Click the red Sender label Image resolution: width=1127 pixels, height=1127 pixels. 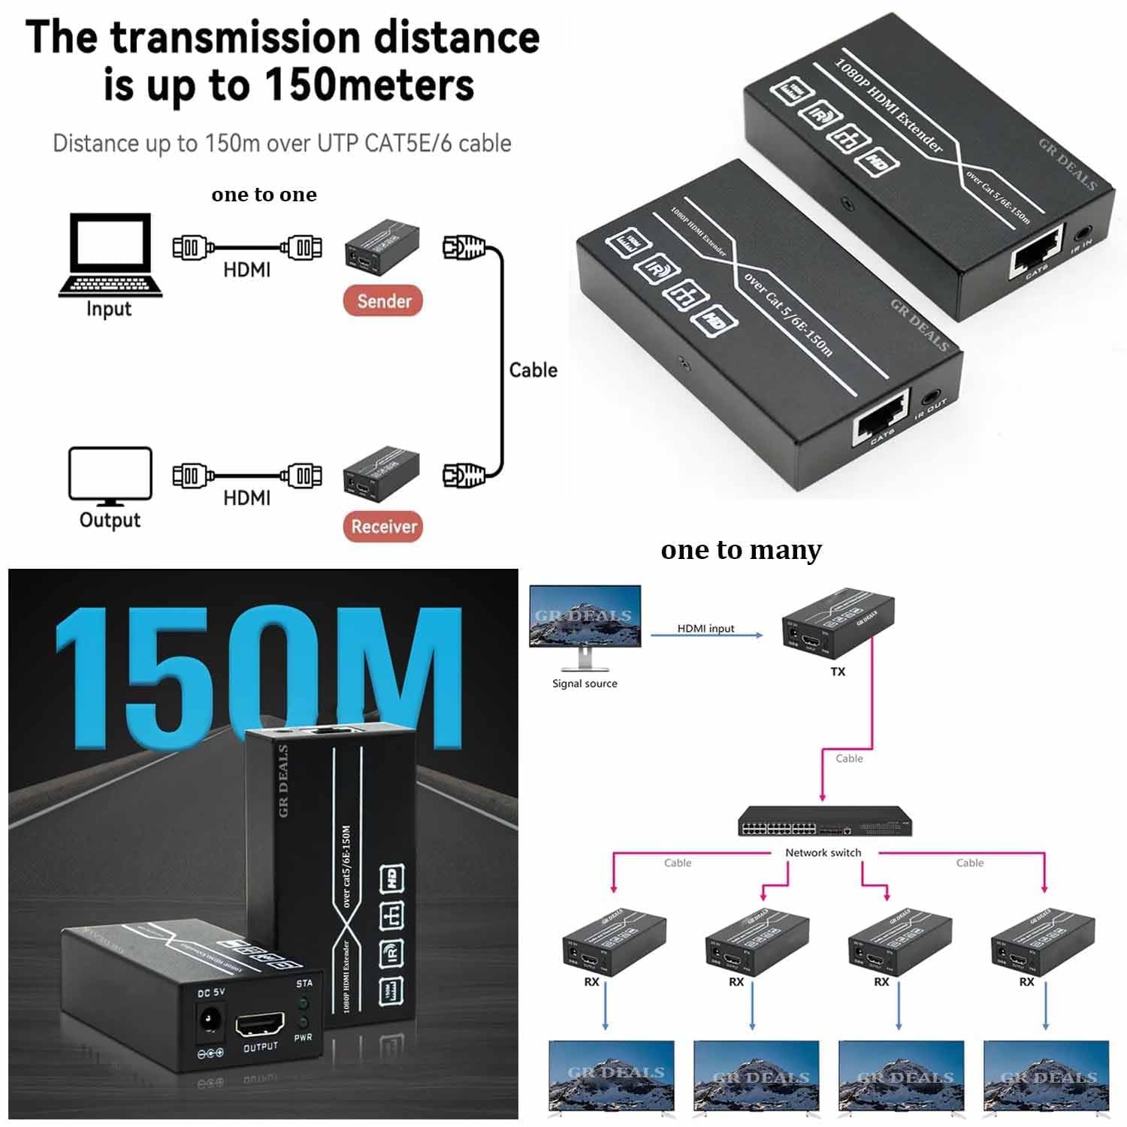click(x=383, y=301)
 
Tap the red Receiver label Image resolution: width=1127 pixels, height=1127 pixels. click(x=383, y=526)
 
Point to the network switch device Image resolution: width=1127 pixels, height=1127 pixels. click(x=824, y=821)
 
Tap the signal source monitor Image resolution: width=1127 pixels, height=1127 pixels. click(x=585, y=620)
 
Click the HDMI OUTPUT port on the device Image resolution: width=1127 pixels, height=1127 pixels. click(x=260, y=1025)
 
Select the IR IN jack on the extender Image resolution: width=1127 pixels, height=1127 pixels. click(x=1083, y=234)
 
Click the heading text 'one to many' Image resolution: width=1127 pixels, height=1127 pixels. click(x=741, y=550)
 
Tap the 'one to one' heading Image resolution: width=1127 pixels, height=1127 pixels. click(x=264, y=195)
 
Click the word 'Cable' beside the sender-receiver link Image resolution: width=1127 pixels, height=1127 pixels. click(x=533, y=370)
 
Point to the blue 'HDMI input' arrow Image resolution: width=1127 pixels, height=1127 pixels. click(x=706, y=636)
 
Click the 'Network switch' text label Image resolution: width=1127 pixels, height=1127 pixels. click(x=823, y=853)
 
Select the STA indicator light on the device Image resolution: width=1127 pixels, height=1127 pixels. click(x=303, y=1002)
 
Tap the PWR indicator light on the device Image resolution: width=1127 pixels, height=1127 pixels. click(x=303, y=1022)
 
